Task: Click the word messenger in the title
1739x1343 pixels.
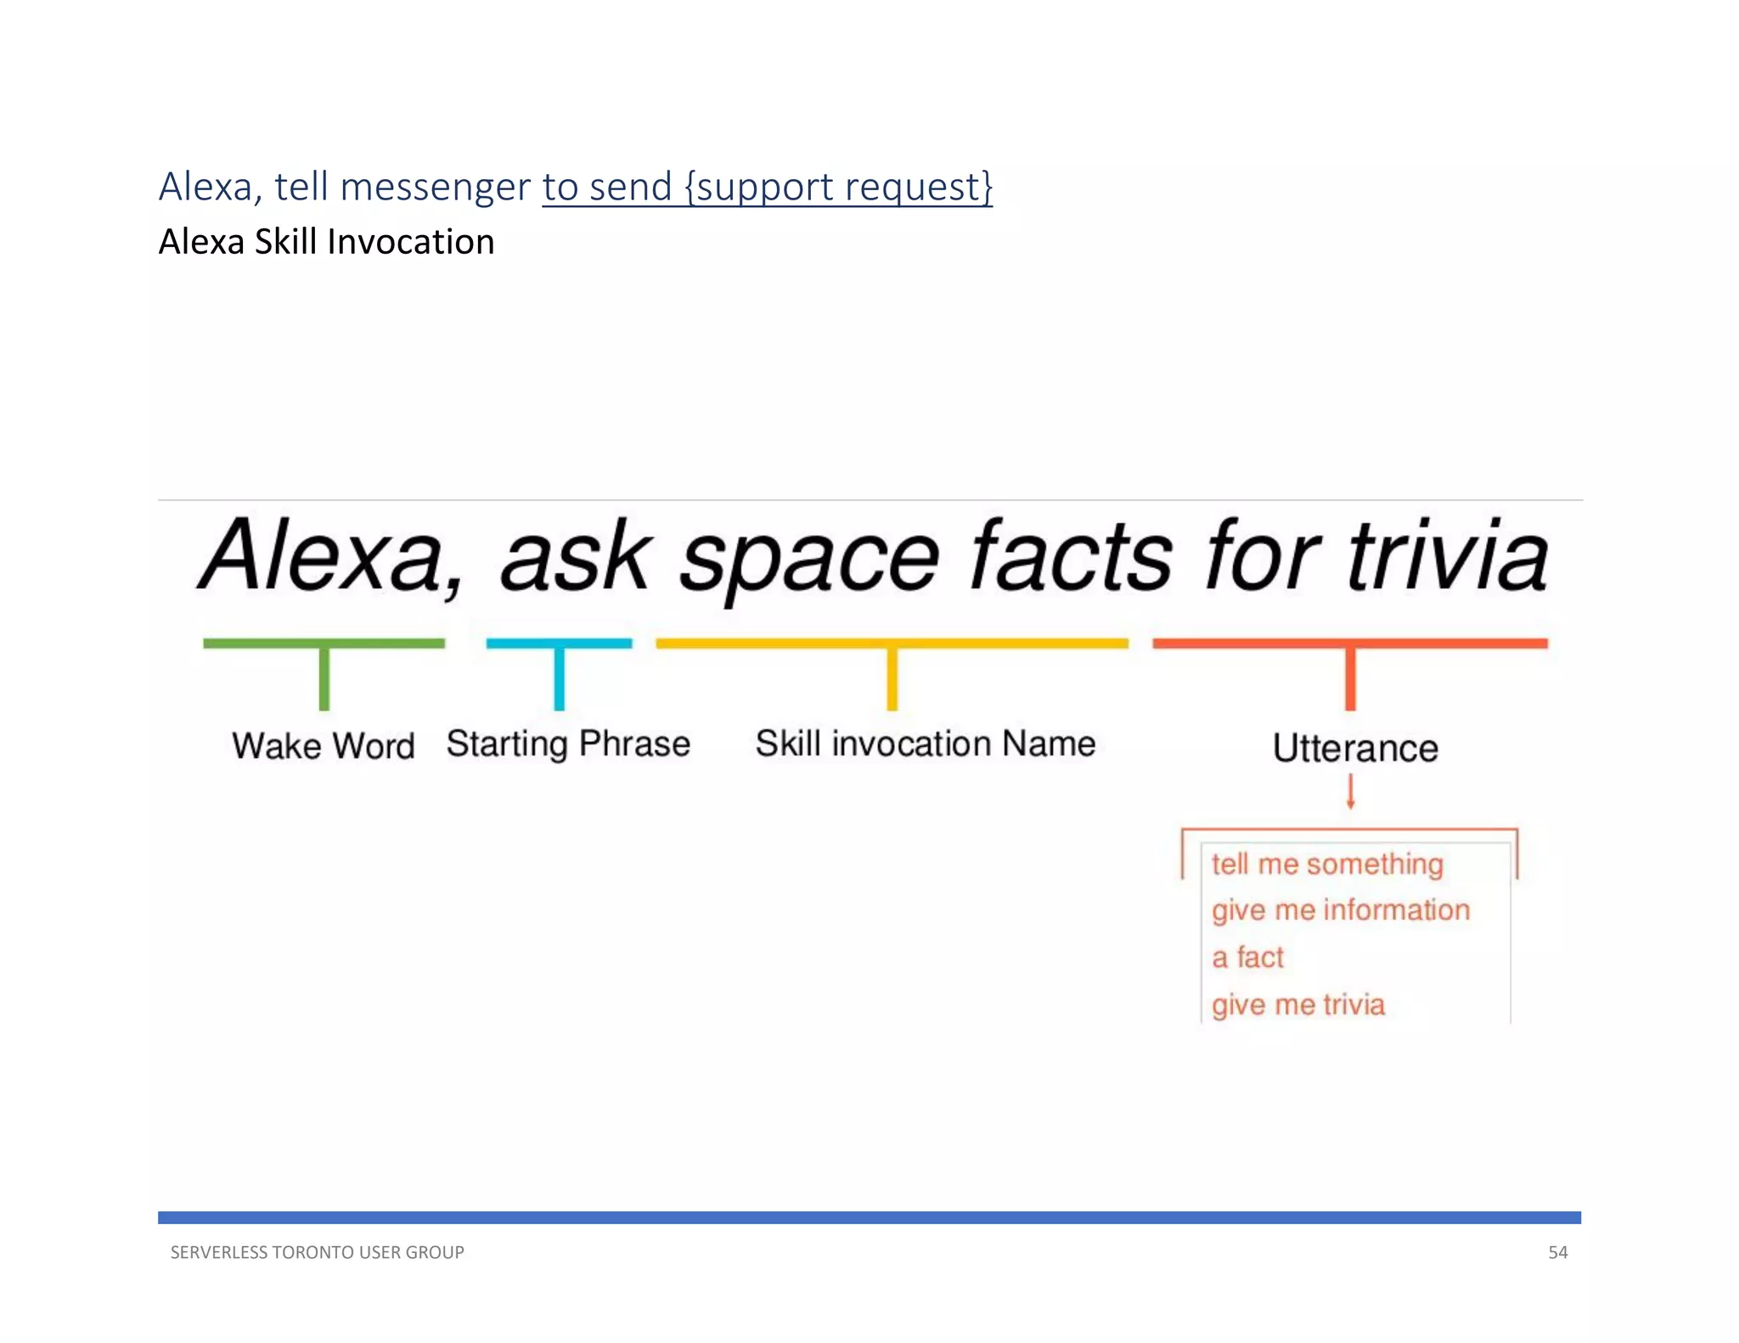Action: (x=435, y=188)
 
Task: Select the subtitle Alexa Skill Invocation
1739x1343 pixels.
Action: (x=326, y=242)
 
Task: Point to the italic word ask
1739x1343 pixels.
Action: (x=576, y=558)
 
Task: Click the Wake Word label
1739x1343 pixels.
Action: (x=324, y=746)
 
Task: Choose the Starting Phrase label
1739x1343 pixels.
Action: (x=568, y=744)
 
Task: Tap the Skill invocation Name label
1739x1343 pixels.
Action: (x=926, y=744)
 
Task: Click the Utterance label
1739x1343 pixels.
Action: (x=1355, y=748)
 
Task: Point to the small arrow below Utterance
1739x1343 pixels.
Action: (x=1350, y=793)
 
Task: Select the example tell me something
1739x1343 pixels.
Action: (x=1327, y=864)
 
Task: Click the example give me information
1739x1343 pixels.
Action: (x=1341, y=910)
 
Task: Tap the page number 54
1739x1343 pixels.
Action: (x=1557, y=1252)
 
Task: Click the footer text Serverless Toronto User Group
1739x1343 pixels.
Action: (x=317, y=1252)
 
